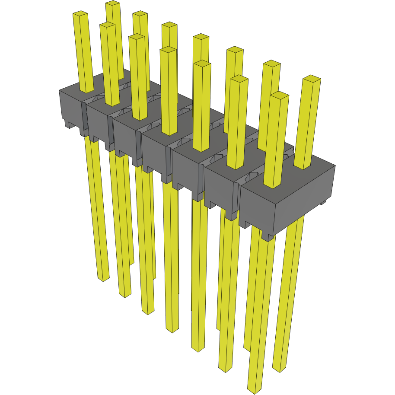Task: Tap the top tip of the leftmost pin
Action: pyautogui.click(x=80, y=14)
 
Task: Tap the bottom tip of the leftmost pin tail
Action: pyautogui.click(x=103, y=279)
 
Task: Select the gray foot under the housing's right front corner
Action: pyautogui.click(x=268, y=236)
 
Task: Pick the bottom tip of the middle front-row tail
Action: pyautogui.click(x=172, y=330)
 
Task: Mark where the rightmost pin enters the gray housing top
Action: pyautogui.click(x=303, y=166)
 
